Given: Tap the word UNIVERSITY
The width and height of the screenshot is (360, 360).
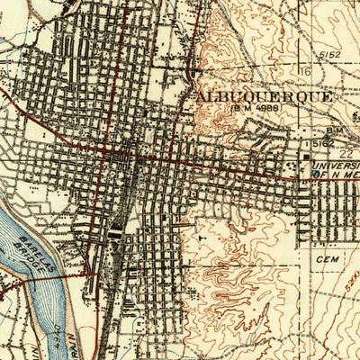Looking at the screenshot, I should [335, 166].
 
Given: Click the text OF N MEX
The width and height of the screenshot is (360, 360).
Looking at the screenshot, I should [335, 176].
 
